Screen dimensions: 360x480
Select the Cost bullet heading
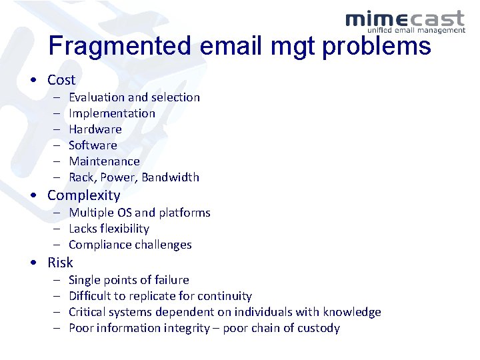[x=61, y=80]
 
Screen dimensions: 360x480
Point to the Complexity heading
[x=83, y=195]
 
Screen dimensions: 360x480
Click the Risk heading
[x=60, y=262]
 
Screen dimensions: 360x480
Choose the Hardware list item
[x=95, y=129]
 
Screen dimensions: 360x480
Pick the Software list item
[x=93, y=145]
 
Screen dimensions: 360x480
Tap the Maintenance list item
[x=104, y=161]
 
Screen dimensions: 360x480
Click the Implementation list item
[x=112, y=113]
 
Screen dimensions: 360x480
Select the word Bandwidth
[x=170, y=177]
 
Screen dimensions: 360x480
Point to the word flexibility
[x=125, y=229]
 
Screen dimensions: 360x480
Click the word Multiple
[x=91, y=213]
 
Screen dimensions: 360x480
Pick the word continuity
[x=223, y=296]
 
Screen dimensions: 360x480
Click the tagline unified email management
[x=416, y=30]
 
